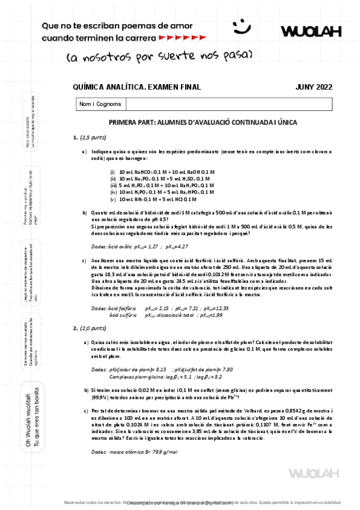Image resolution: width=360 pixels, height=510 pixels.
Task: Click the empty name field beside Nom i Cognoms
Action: (x=228, y=104)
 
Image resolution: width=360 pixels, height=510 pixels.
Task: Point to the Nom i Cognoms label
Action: (x=100, y=104)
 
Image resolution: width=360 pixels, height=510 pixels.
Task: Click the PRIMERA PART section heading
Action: (x=203, y=122)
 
